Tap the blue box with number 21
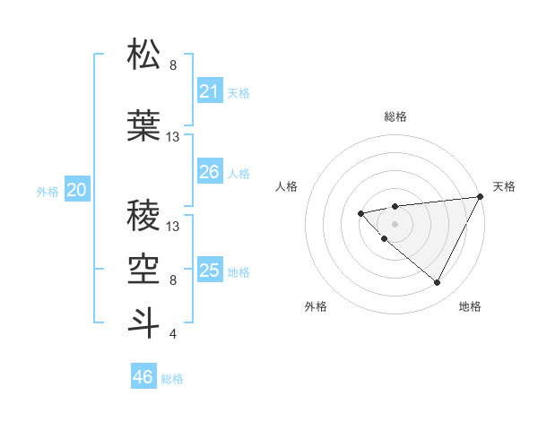[x=210, y=91]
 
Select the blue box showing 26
[x=210, y=172]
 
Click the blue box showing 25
[x=210, y=271]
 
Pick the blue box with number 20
[x=77, y=190]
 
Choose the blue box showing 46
[x=143, y=377]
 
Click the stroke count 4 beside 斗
[x=173, y=334]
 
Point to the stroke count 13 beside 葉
[x=173, y=137]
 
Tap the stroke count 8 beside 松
[x=173, y=65]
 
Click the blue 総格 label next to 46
[x=172, y=379]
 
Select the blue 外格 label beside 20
[x=48, y=192]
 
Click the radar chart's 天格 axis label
[x=504, y=186]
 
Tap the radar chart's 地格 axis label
[x=470, y=306]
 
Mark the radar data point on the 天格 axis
[x=482, y=197]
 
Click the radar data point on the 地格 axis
[x=438, y=283]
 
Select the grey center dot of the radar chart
[x=395, y=223]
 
